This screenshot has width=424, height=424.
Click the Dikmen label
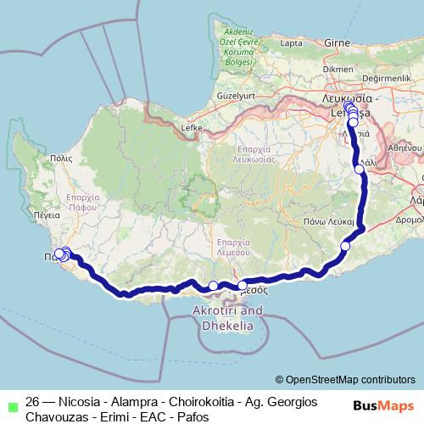click(x=338, y=69)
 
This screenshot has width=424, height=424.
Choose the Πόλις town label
click(x=61, y=157)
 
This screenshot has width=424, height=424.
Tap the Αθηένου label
click(x=404, y=147)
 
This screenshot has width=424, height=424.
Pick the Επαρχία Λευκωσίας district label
click(x=255, y=153)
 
